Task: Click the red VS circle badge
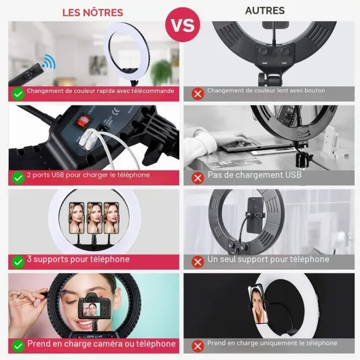point(183,24)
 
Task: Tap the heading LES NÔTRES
point(93,13)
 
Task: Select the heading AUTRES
point(265,11)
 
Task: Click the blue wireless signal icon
point(49,61)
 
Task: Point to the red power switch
point(82,121)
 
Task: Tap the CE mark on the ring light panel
point(116,112)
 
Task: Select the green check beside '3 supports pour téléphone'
point(18,262)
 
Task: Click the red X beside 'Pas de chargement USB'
point(198,178)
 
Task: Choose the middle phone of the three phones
point(94,217)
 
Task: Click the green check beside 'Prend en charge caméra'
point(18,346)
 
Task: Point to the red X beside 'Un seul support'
point(198,262)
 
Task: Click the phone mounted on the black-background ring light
point(258,304)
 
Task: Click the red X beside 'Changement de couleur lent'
point(198,94)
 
